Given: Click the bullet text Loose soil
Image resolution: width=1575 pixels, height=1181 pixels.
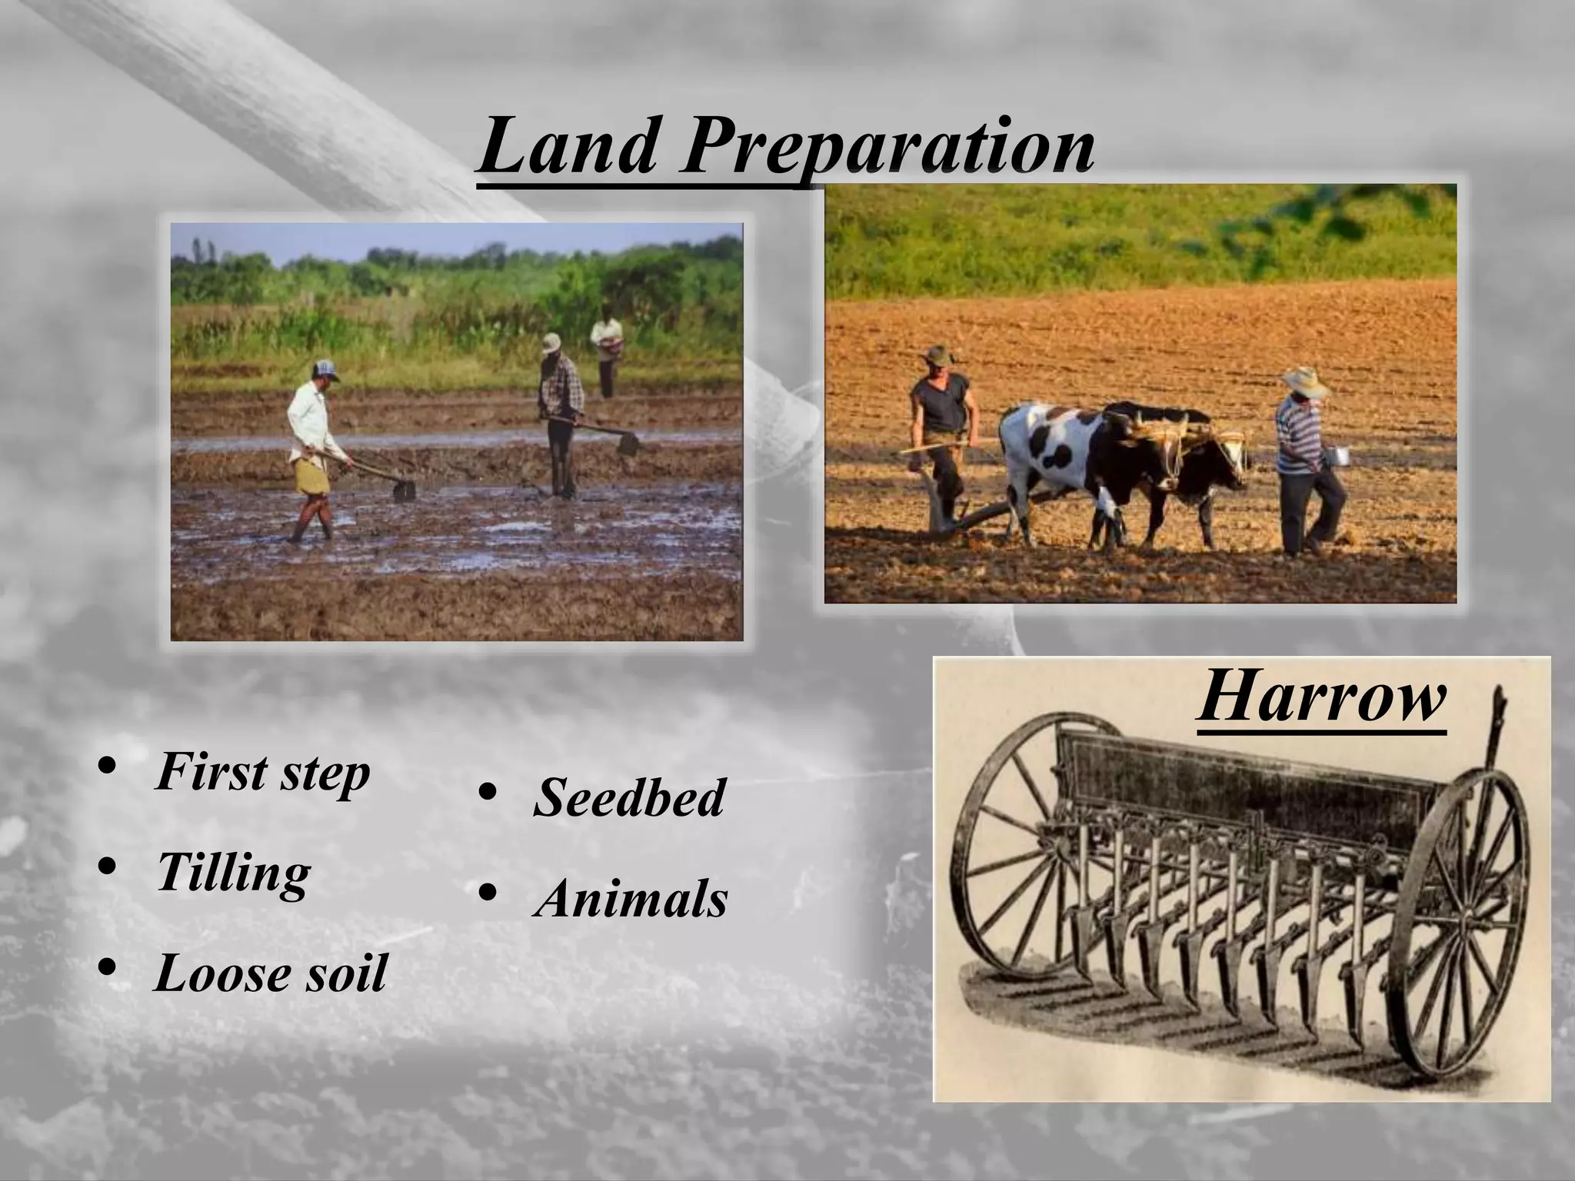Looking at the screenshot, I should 270,973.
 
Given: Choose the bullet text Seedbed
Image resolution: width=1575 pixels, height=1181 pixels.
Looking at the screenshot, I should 628,797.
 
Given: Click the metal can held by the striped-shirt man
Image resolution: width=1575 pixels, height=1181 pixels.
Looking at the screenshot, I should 1339,456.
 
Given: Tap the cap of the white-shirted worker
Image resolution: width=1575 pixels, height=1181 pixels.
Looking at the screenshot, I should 326,370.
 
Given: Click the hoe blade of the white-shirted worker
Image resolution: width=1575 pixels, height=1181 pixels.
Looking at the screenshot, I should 405,490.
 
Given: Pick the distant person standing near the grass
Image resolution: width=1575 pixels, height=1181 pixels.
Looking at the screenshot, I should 608,350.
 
